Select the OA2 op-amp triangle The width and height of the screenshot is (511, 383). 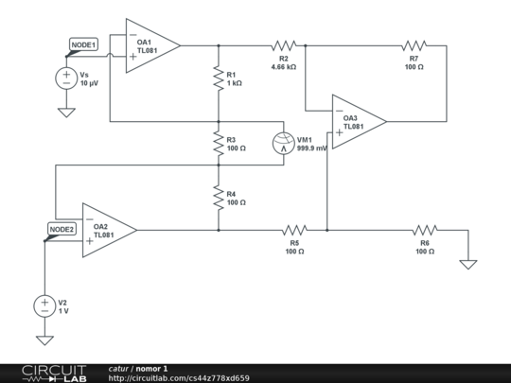tap(106, 229)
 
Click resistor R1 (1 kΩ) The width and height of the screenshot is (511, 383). tap(219, 78)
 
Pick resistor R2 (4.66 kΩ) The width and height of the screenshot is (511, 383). tap(284, 44)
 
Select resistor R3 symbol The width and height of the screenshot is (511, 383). tap(219, 144)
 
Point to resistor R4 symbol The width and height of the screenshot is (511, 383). tap(219, 198)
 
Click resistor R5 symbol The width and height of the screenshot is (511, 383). tap(294, 229)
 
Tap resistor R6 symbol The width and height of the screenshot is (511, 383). tap(424, 229)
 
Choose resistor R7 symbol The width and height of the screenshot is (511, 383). tap(414, 44)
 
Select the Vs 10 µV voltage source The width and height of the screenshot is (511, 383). tap(66, 78)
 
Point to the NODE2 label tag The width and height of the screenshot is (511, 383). tap(62, 229)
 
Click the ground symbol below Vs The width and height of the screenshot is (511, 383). tap(66, 113)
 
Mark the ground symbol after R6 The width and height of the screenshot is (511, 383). tap(467, 264)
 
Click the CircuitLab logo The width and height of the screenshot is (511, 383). tap(54, 373)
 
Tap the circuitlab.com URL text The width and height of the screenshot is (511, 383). tap(179, 378)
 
